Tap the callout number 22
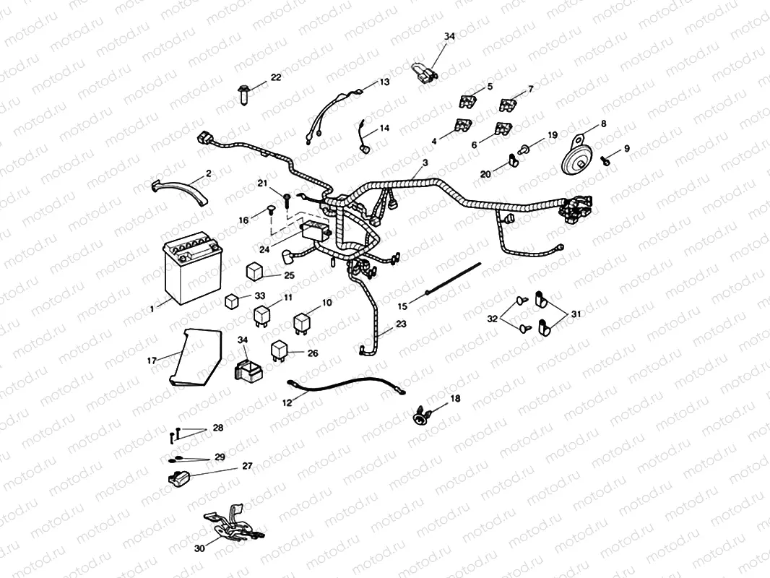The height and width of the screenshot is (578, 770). pyautogui.click(x=276, y=77)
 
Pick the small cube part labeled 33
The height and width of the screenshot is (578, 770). pyautogui.click(x=232, y=301)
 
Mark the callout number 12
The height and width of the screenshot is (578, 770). pyautogui.click(x=287, y=402)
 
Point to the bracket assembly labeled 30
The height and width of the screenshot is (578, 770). pyautogui.click(x=231, y=523)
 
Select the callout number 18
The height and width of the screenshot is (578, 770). pyautogui.click(x=454, y=398)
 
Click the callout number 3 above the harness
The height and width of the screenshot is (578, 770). pyautogui.click(x=425, y=163)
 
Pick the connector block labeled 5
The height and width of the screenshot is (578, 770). pyautogui.click(x=466, y=102)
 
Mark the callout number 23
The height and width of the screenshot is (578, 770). pyautogui.click(x=401, y=324)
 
